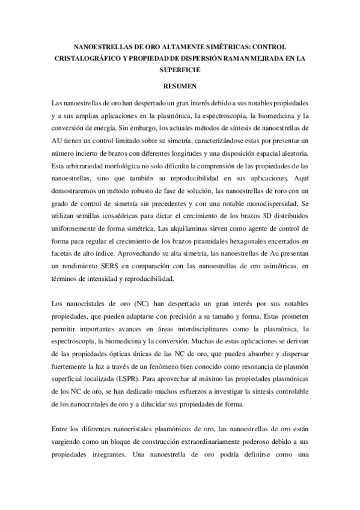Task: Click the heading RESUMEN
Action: pyautogui.click(x=180, y=87)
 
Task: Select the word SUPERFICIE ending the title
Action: pyautogui.click(x=180, y=70)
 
